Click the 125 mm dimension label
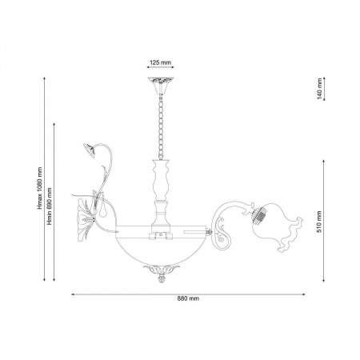(160, 62)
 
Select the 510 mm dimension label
(319, 222)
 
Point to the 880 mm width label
(188, 298)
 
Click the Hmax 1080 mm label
(40, 188)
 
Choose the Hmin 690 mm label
(50, 206)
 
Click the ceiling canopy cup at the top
(161, 86)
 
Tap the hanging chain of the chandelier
(161, 127)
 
